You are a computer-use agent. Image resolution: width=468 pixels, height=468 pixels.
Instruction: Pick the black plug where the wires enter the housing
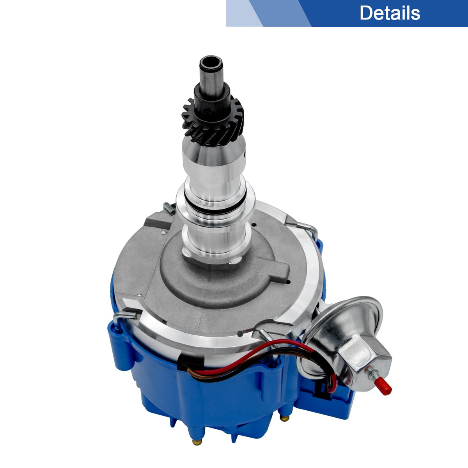190,363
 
